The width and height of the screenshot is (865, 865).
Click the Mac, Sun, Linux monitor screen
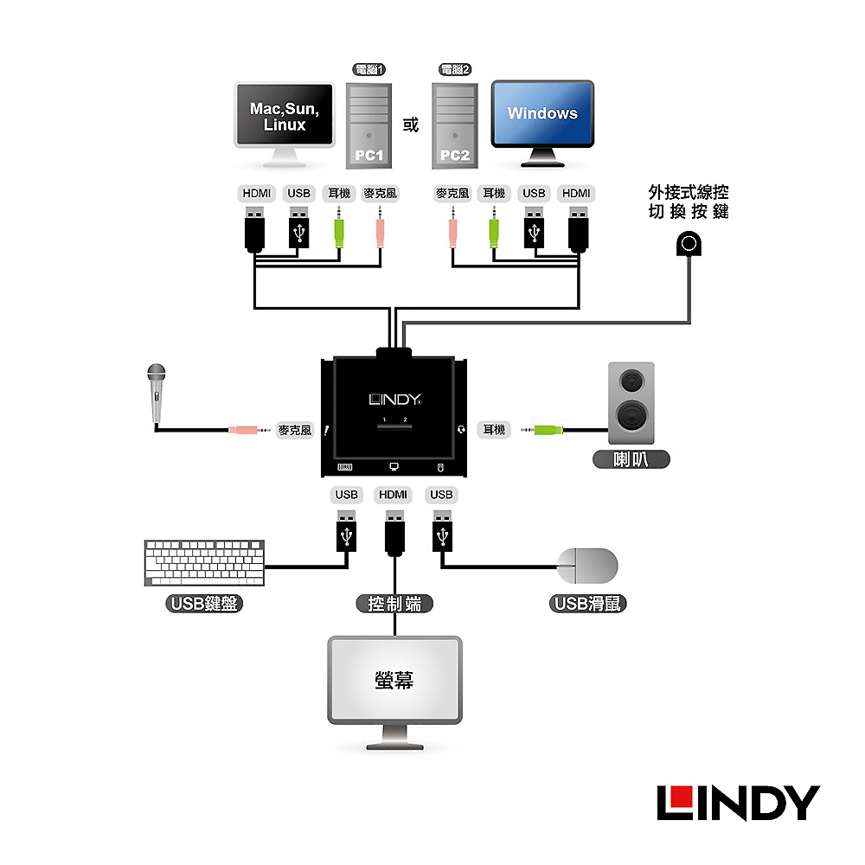tap(285, 115)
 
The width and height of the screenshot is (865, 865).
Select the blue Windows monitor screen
tap(543, 113)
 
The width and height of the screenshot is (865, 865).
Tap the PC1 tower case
tap(368, 125)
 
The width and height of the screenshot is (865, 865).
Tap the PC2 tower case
tap(455, 125)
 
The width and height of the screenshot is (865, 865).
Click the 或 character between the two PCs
tap(410, 125)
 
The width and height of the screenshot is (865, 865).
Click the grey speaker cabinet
tap(631, 403)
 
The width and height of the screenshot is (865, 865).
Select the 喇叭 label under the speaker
tap(631, 459)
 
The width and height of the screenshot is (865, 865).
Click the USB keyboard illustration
tap(204, 563)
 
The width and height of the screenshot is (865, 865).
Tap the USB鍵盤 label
tap(204, 604)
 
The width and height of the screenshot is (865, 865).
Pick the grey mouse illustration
tap(587, 566)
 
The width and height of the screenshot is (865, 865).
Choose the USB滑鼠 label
tap(587, 604)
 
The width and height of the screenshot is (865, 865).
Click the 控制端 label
tap(394, 604)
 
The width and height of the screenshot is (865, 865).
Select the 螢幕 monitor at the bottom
tap(394, 693)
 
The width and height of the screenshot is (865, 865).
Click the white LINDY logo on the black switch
tap(395, 399)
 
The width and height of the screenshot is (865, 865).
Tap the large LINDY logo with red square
tap(738, 804)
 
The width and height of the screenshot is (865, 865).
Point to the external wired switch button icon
tap(689, 243)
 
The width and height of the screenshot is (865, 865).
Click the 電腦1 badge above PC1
tap(368, 69)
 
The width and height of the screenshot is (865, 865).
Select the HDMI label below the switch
tap(393, 495)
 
